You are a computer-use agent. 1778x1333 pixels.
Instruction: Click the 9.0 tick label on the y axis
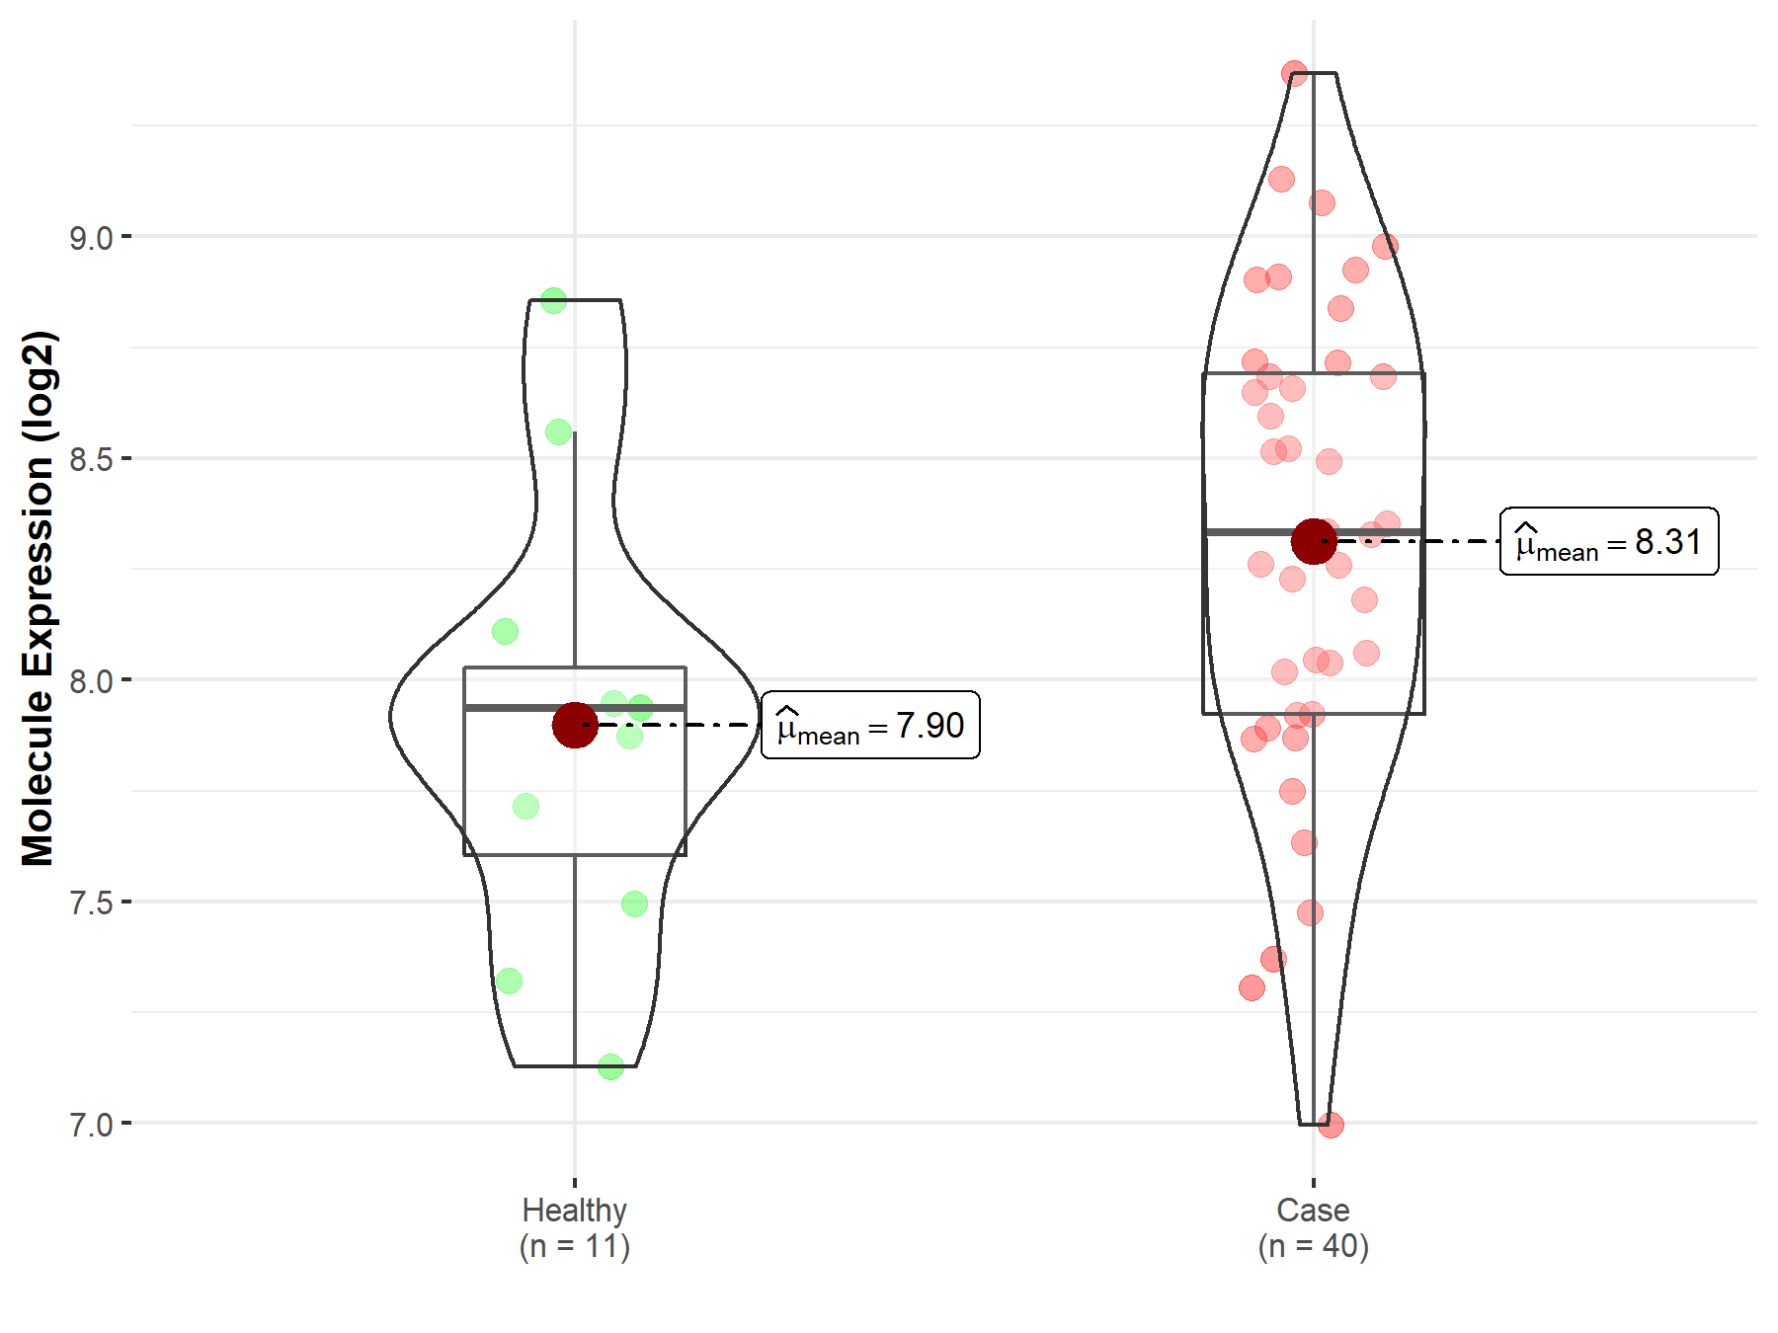(x=90, y=238)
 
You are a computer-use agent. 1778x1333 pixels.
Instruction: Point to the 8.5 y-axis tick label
(x=90, y=459)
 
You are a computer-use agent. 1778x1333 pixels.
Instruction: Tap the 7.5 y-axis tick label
(x=90, y=902)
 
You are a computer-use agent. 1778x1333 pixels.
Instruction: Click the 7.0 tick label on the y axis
(x=90, y=1125)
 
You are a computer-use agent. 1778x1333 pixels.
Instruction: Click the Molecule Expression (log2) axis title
(x=38, y=598)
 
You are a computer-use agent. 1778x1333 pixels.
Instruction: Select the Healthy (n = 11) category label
(x=575, y=1227)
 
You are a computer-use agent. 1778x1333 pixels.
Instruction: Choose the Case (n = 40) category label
(x=1314, y=1227)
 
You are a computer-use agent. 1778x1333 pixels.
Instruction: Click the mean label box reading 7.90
(x=870, y=725)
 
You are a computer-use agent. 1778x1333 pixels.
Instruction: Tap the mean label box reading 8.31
(x=1609, y=541)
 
